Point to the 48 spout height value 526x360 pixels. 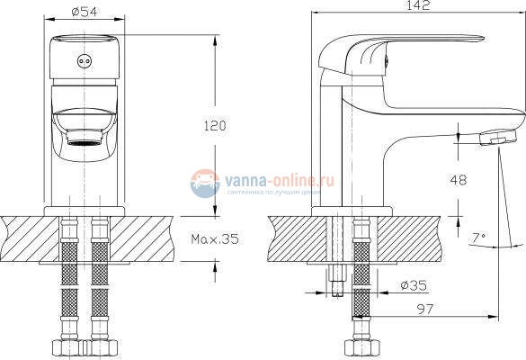pyautogui.click(x=459, y=179)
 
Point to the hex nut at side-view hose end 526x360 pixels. pyautogui.click(x=359, y=348)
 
